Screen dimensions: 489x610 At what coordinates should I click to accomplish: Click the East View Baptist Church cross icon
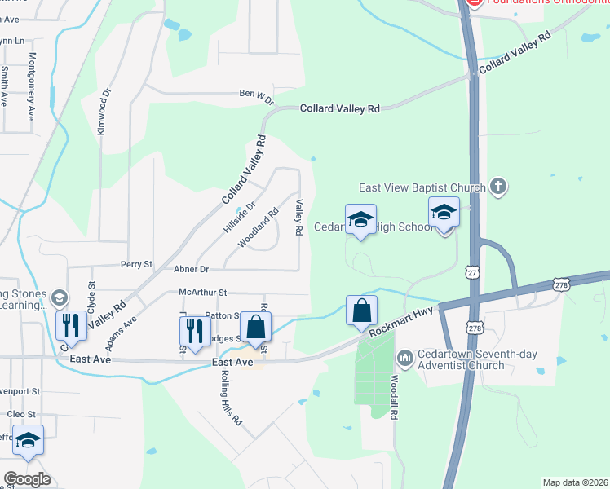pyautogui.click(x=499, y=187)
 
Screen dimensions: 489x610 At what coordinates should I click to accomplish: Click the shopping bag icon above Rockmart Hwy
pyautogui.click(x=361, y=311)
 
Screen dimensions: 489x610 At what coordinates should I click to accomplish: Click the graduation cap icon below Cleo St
pyautogui.click(x=28, y=441)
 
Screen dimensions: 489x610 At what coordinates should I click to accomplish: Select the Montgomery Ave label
pyautogui.click(x=32, y=86)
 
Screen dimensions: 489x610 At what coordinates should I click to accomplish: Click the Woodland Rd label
pyautogui.click(x=259, y=227)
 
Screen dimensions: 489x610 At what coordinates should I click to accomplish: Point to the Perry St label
pyautogui.click(x=136, y=265)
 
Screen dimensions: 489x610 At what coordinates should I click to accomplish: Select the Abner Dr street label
pyautogui.click(x=192, y=269)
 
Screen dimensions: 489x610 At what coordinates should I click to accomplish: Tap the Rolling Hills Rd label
pyautogui.click(x=232, y=399)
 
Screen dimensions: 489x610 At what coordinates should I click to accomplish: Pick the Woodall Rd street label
pyautogui.click(x=394, y=398)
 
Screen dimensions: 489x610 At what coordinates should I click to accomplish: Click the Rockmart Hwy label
pyautogui.click(x=402, y=319)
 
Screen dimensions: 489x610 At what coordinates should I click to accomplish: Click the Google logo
pyautogui.click(x=27, y=479)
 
